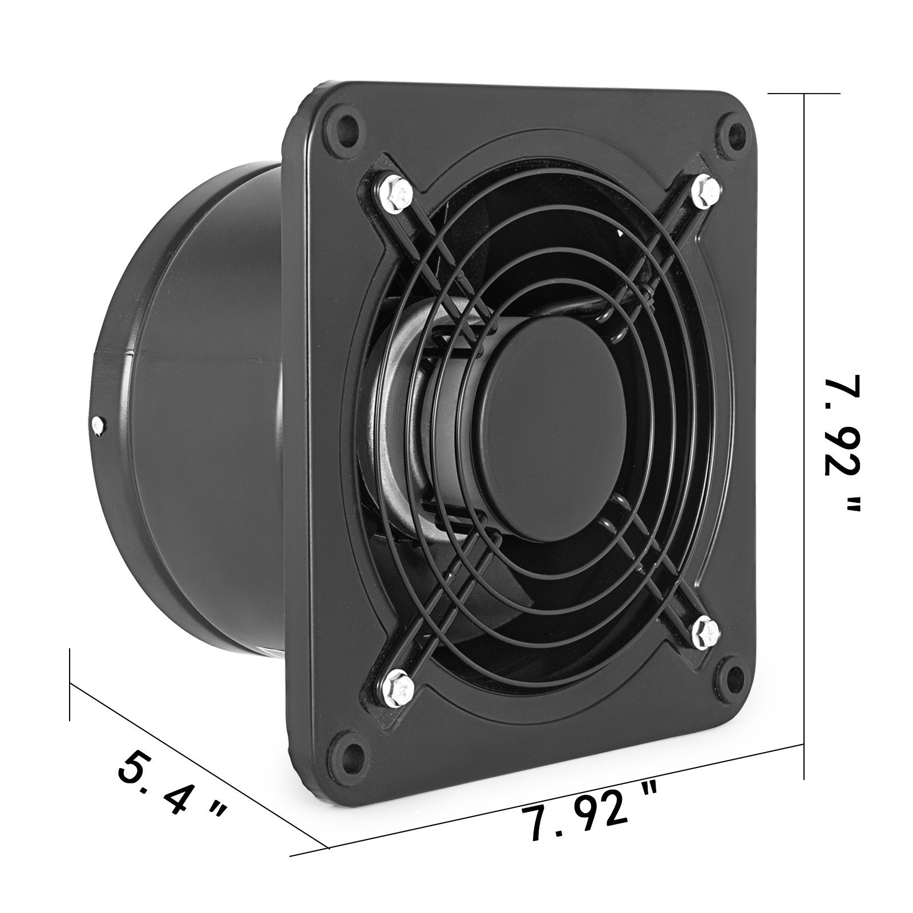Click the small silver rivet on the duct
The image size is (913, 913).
[98, 423]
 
